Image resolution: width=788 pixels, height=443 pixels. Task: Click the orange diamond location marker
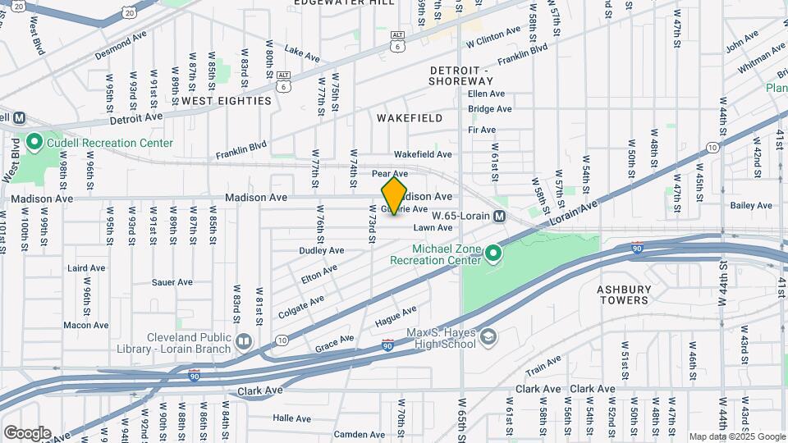394,196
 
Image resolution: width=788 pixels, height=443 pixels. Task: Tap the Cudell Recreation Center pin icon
34,143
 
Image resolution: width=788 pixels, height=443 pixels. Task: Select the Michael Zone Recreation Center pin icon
492,254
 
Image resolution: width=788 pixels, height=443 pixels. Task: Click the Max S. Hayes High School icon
488,337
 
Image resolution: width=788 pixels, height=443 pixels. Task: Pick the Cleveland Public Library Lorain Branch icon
243,340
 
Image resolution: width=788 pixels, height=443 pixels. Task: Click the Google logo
27,433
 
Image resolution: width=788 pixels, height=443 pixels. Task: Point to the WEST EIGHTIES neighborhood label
226,101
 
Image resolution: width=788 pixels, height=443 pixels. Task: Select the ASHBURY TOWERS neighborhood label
624,295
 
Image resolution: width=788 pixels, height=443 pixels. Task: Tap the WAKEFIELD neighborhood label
410,118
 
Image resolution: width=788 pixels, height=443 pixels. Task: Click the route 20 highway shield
128,12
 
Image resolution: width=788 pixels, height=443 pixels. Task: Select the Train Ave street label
543,360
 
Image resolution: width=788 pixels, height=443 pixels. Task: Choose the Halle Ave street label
292,418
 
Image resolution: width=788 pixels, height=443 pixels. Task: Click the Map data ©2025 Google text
736,436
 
